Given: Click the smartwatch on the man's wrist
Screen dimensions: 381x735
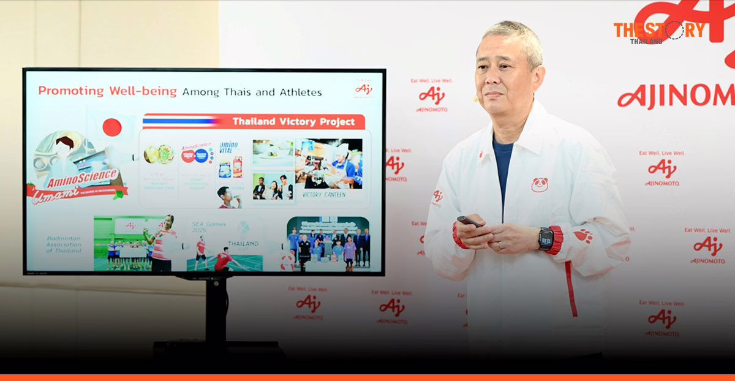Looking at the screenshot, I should (x=546, y=238).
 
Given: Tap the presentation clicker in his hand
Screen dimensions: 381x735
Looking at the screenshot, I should (x=470, y=221).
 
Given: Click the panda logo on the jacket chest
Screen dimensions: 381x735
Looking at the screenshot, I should (x=539, y=184).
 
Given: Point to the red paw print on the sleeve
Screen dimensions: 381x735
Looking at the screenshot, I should (x=582, y=236).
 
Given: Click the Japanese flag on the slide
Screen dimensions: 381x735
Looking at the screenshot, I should (x=111, y=127).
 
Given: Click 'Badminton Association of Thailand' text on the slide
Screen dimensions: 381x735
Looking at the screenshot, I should (x=63, y=245).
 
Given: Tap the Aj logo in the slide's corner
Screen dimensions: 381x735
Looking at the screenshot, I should (x=363, y=89).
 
